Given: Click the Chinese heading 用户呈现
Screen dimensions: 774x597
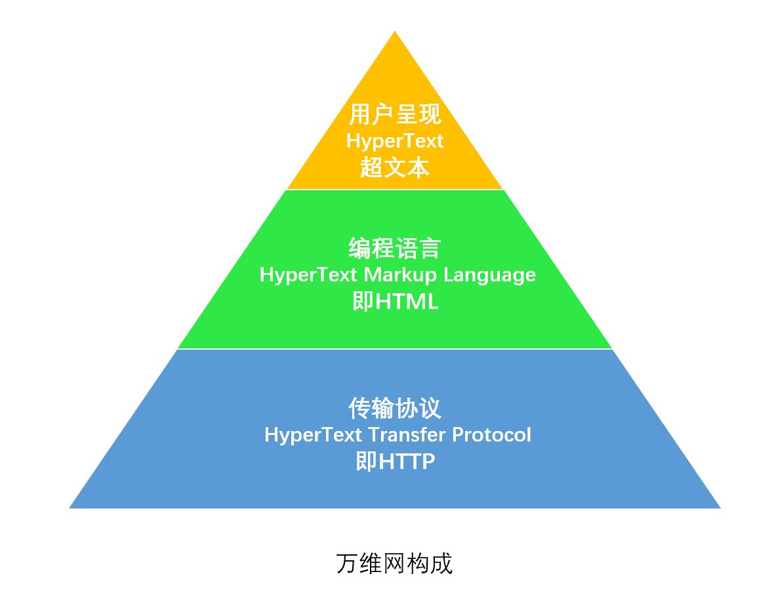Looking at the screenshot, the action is [395, 114].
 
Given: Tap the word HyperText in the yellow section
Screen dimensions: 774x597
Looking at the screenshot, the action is [395, 141].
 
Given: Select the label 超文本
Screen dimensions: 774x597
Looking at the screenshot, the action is [395, 168].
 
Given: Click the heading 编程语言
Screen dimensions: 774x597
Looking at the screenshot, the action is [395, 249].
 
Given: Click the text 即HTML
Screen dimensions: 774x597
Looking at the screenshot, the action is [395, 302].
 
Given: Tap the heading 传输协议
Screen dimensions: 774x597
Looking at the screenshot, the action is [395, 408].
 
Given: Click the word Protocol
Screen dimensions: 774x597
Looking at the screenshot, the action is [492, 434].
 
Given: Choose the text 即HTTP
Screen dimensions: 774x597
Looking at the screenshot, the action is [395, 461].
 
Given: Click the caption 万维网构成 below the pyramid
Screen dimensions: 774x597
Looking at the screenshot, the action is [395, 563].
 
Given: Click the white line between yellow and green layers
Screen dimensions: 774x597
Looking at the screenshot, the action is [395, 190].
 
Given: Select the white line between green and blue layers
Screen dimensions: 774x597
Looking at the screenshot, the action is [395, 349].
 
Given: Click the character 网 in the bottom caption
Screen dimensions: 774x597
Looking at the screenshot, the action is [395, 563].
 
